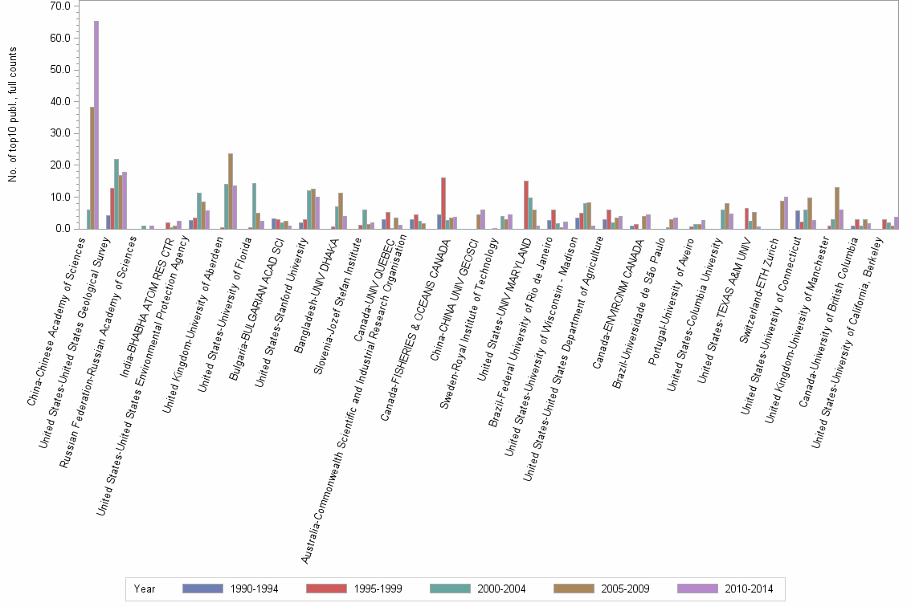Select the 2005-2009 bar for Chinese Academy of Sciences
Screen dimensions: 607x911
[x=92, y=168]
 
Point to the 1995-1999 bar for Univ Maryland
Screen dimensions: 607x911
[x=526, y=205]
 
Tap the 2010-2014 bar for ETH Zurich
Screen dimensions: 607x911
[x=786, y=213]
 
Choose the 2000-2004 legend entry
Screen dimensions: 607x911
[x=500, y=589]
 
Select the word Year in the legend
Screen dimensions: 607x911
[x=145, y=589]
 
